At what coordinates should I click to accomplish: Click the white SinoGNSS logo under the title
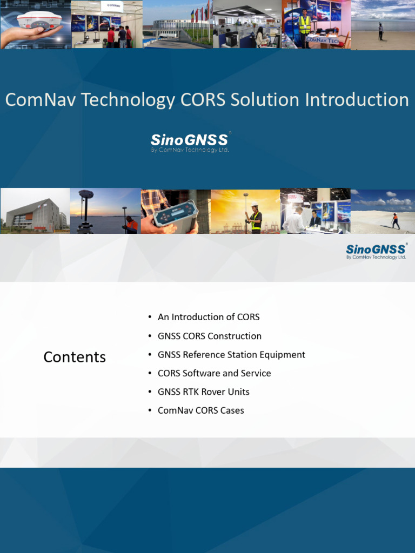pyautogui.click(x=190, y=142)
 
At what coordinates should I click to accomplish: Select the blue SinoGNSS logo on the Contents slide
pyautogui.click(x=376, y=251)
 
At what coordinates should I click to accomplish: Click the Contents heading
pyautogui.click(x=75, y=357)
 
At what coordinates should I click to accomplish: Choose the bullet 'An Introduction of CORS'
pyautogui.click(x=209, y=317)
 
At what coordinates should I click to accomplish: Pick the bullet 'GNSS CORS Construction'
pyautogui.click(x=210, y=336)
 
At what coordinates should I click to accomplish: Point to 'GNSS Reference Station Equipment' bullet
pyautogui.click(x=231, y=355)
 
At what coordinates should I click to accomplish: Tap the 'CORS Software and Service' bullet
pyautogui.click(x=215, y=373)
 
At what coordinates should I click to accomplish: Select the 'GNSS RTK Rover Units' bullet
pyautogui.click(x=204, y=392)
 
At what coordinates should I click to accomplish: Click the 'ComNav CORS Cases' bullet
pyautogui.click(x=201, y=410)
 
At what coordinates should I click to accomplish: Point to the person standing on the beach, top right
pyautogui.click(x=380, y=31)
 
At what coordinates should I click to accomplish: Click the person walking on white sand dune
pyautogui.click(x=395, y=220)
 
